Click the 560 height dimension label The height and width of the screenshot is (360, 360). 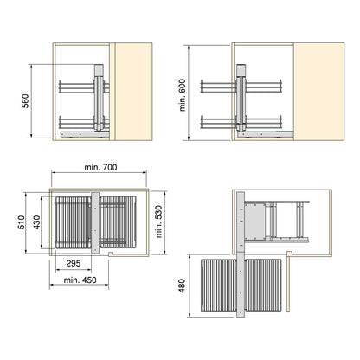[25, 101]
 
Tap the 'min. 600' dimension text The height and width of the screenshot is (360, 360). [183, 95]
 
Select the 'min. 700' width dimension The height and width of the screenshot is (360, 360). [100, 167]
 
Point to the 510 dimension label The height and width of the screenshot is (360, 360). [22, 222]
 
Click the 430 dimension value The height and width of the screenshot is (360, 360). [37, 222]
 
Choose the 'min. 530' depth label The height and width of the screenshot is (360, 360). [158, 222]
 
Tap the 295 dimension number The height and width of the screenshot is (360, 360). [74, 263]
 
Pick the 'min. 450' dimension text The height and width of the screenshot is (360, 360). [80, 280]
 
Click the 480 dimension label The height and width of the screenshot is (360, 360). [182, 286]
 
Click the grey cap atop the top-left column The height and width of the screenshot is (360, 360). [99, 70]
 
